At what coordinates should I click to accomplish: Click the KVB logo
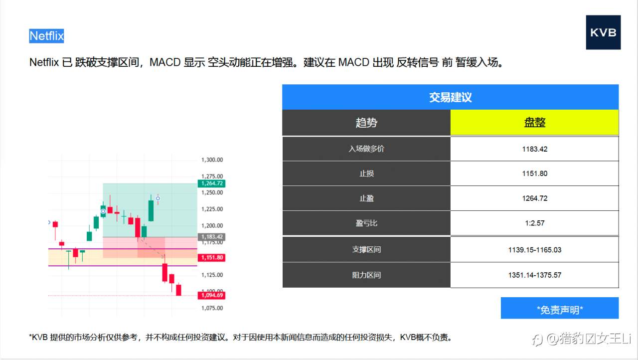(603, 32)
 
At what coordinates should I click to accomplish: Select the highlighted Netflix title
(46, 36)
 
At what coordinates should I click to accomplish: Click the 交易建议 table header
(450, 97)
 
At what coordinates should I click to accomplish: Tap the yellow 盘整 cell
(534, 123)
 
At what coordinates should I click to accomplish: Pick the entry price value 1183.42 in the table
(534, 149)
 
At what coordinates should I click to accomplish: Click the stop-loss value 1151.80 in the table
(534, 174)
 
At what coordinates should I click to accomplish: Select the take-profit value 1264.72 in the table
(534, 198)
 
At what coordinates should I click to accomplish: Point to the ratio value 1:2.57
(534, 223)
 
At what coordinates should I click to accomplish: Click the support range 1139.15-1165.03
(534, 250)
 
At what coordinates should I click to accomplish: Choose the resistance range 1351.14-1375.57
(534, 275)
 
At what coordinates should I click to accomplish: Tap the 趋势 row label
(366, 123)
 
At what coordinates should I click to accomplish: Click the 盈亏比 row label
(366, 223)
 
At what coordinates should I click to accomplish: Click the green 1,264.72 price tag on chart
(212, 183)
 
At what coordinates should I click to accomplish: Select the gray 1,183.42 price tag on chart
(212, 237)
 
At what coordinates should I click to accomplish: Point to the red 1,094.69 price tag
(212, 296)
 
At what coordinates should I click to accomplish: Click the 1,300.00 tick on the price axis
(212, 160)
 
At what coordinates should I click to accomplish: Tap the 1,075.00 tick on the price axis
(212, 308)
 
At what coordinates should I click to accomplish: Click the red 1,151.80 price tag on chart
(212, 258)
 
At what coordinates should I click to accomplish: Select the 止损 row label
(366, 174)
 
